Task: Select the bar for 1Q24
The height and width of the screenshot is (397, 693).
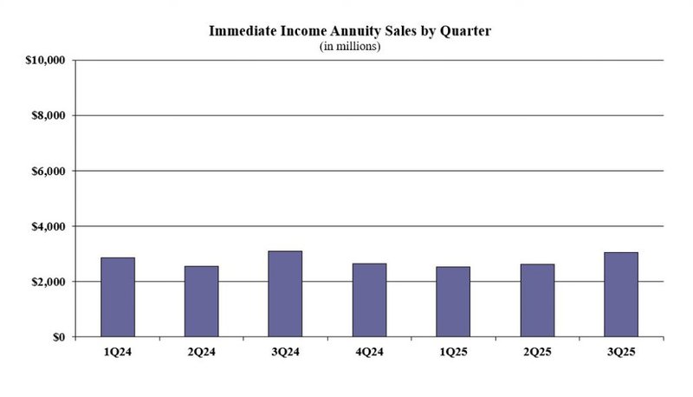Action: (x=118, y=297)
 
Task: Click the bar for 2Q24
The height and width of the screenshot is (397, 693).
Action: (x=202, y=302)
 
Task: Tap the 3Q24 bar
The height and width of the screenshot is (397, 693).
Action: (x=286, y=294)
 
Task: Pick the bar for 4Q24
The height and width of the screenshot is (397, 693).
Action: (x=370, y=300)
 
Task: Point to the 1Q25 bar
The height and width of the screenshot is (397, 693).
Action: (x=453, y=302)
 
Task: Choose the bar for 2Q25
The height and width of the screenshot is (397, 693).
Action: (x=537, y=301)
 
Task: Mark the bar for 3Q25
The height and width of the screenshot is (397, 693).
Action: (x=621, y=295)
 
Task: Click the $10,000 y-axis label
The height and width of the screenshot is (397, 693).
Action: (x=45, y=60)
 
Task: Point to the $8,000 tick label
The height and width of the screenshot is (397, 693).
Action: (x=49, y=115)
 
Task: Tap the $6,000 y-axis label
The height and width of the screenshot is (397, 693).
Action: (x=49, y=171)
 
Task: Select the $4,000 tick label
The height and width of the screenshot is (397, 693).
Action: (x=49, y=226)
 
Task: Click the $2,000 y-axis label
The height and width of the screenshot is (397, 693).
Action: (x=49, y=282)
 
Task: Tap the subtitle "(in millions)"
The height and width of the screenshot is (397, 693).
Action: (x=351, y=46)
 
